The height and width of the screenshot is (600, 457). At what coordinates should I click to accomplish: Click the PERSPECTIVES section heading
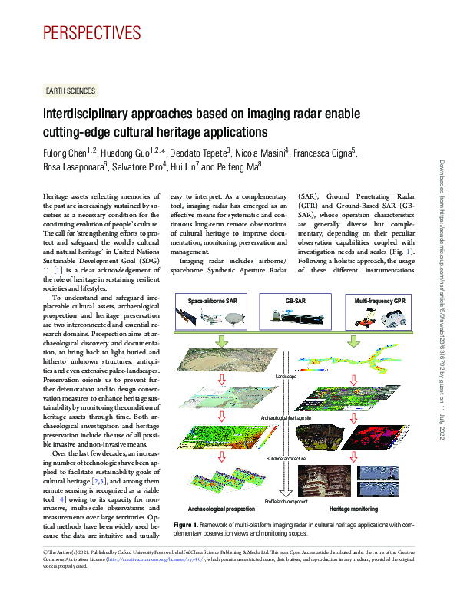point(92,32)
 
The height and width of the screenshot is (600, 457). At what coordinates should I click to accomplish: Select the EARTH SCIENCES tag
point(71,91)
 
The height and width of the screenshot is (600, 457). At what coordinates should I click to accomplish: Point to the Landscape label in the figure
point(284,376)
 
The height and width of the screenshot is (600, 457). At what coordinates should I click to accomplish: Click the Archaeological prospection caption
point(222,509)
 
